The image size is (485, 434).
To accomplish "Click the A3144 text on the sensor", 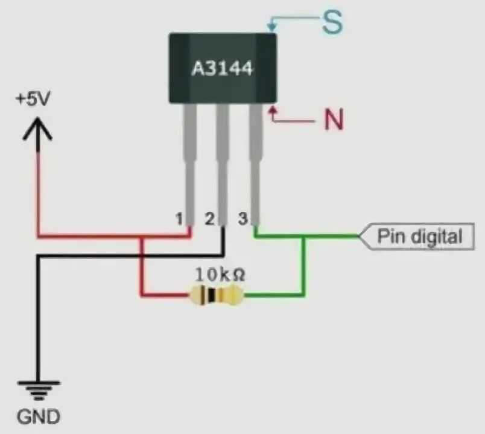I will coord(222,68).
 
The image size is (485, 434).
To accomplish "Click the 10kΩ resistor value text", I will coord(220,274).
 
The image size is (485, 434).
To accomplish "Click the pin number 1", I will coord(179,219).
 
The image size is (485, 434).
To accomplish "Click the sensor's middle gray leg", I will coord(223,163).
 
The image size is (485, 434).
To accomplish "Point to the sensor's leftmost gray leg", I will coord(190,163).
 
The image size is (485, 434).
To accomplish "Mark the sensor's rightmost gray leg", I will coord(256,163).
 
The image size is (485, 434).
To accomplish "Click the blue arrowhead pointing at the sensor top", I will coord(271,27).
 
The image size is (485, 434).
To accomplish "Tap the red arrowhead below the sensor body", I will coord(273,112).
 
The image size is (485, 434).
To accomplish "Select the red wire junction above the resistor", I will coord(142,237).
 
